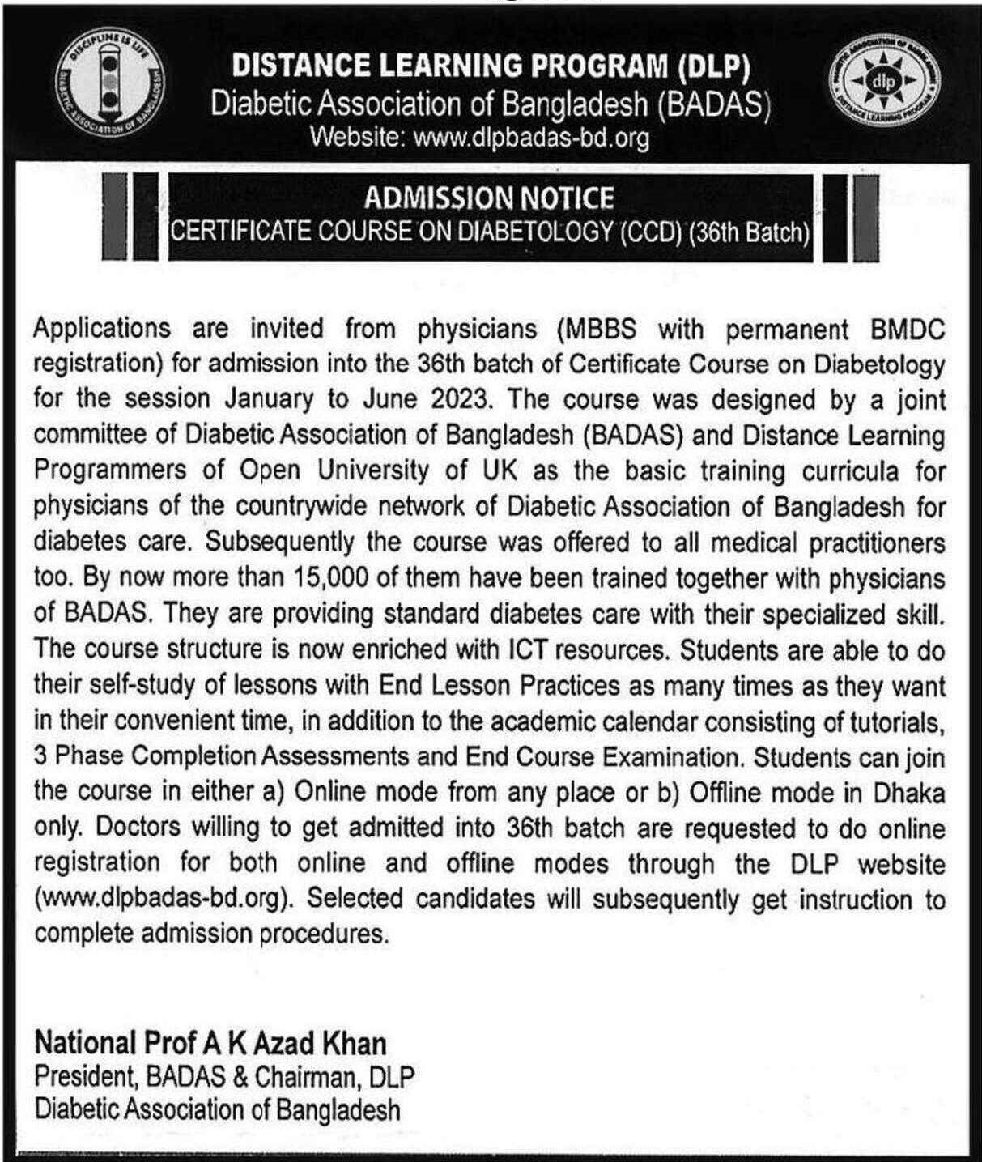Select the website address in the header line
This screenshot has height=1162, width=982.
530,138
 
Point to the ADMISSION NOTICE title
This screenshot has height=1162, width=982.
488,198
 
